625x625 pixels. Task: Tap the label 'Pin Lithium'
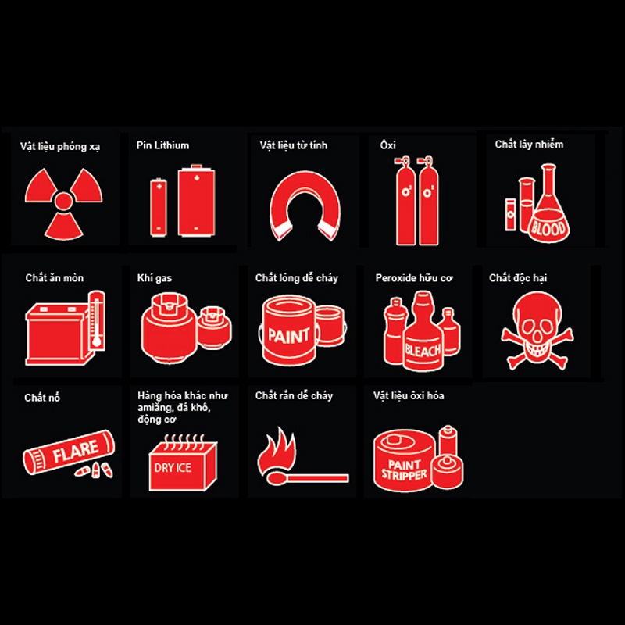pos(162,145)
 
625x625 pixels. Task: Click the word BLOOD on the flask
pos(548,228)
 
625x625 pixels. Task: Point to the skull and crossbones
pos(537,330)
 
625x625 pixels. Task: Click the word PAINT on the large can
pos(288,336)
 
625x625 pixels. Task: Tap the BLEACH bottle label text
pos(423,351)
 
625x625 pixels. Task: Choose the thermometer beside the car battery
pos(97,320)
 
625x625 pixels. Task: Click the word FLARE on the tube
pos(76,452)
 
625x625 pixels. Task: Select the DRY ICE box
pos(184,463)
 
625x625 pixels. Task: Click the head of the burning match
pos(276,478)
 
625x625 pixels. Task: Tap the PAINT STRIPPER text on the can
pos(404,470)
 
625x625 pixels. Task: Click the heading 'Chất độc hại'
pos(518,278)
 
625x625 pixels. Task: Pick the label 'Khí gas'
pos(155,278)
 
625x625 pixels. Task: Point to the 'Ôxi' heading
pos(387,145)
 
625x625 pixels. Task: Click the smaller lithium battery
pos(159,207)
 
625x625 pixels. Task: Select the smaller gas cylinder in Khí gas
pos(214,327)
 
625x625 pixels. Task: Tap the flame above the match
pos(277,451)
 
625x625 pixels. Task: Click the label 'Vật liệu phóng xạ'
pos(60,147)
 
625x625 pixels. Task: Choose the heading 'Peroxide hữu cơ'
pos(414,278)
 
